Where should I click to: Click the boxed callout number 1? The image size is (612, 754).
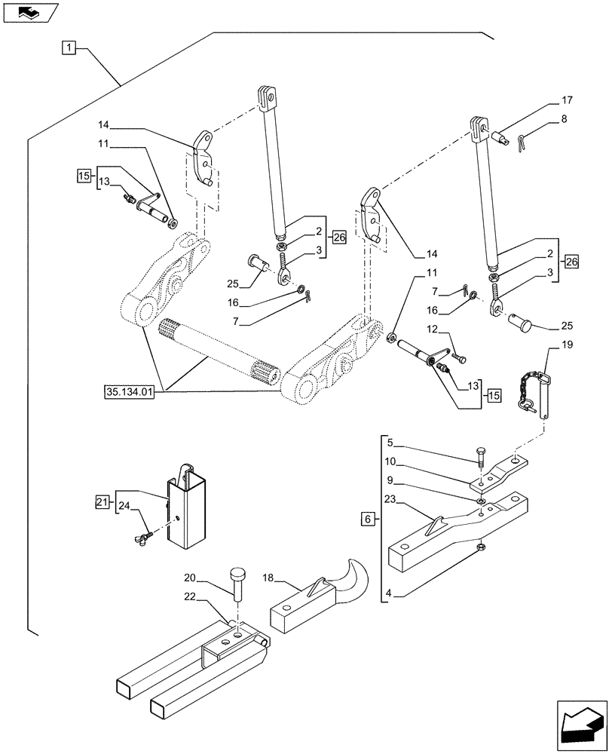[69, 49]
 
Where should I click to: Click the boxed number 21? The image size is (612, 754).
[103, 501]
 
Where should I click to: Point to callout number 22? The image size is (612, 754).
[191, 596]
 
